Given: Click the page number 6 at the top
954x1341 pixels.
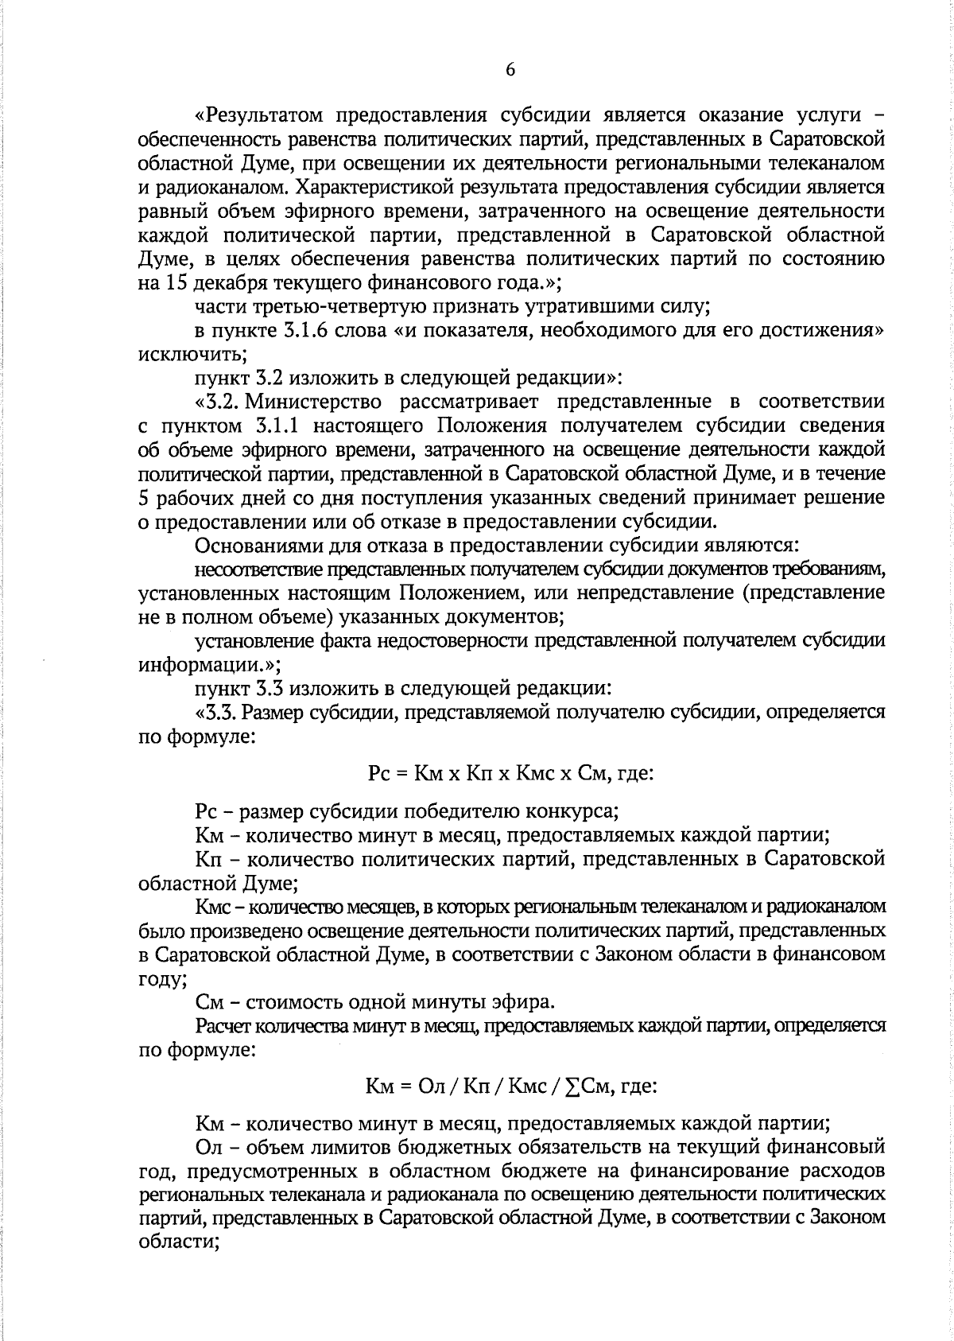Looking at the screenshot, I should click(510, 70).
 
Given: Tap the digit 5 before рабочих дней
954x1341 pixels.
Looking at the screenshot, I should click(142, 498).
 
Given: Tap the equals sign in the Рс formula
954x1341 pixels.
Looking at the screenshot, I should click(402, 772).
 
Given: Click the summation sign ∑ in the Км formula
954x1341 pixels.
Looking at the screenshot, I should click(571, 1086).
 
